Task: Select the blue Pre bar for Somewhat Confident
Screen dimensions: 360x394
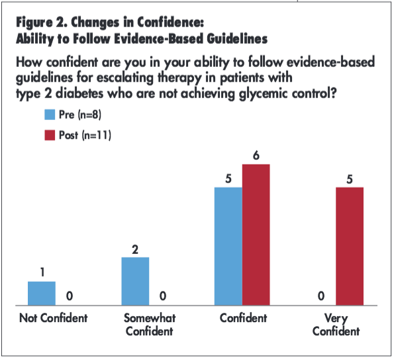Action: pyautogui.click(x=136, y=281)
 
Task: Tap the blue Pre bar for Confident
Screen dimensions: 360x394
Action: pyautogui.click(x=229, y=246)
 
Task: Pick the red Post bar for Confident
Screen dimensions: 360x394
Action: pyautogui.click(x=256, y=235)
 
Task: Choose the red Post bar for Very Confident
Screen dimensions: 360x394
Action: pyautogui.click(x=350, y=246)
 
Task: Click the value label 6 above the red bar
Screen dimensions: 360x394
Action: pyautogui.click(x=256, y=156)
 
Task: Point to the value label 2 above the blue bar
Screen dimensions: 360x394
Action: pyautogui.click(x=136, y=250)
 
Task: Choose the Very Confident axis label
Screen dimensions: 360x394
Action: pyautogui.click(x=336, y=324)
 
